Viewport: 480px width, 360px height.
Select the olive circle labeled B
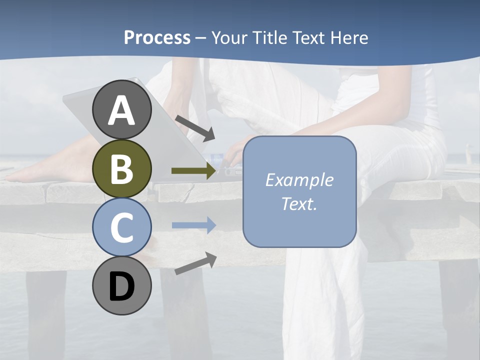[x=122, y=169]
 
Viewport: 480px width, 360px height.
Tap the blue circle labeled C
[x=122, y=227]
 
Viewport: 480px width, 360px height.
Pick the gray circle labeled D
[x=122, y=286]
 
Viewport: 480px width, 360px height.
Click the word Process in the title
[x=157, y=38]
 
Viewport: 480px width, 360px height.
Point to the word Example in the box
[x=299, y=180]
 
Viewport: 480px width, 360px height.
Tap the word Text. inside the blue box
[x=299, y=204]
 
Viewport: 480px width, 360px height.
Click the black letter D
[x=122, y=287]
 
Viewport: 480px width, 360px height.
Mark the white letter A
[x=122, y=110]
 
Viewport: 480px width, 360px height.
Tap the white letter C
[x=122, y=228]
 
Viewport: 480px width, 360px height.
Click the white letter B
[x=122, y=169]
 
